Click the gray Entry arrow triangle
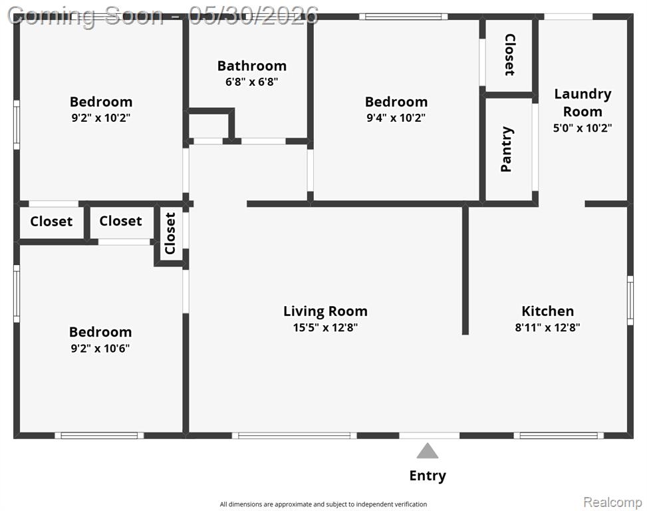[x=427, y=451]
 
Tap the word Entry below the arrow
[x=428, y=476]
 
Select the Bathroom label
[x=252, y=66]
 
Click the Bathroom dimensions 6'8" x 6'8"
[x=252, y=82]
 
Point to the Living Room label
[x=325, y=311]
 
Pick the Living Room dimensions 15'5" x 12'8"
[x=325, y=327]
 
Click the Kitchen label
[x=547, y=311]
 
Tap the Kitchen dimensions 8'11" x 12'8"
[x=547, y=327]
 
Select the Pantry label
[x=507, y=149]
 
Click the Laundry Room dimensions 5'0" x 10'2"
[x=582, y=128]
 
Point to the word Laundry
[x=582, y=94]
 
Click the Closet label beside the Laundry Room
[x=510, y=55]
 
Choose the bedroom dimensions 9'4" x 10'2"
[x=396, y=118]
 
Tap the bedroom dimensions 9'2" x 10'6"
[x=100, y=349]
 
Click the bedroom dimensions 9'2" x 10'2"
[x=100, y=118]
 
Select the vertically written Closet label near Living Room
[x=170, y=234]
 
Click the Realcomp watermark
[x=612, y=502]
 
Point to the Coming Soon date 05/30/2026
[x=253, y=16]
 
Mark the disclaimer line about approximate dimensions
[x=323, y=504]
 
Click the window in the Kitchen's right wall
[x=630, y=300]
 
